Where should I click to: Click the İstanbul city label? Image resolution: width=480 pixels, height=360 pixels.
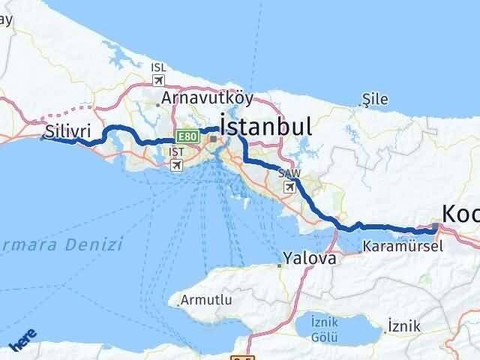click(265, 125)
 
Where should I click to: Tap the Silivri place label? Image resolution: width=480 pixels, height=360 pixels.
click(61, 130)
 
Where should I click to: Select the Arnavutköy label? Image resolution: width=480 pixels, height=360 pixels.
click(208, 97)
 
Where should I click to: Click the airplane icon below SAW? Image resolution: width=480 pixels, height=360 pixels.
click(289, 187)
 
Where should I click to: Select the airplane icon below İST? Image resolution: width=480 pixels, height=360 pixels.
click(176, 164)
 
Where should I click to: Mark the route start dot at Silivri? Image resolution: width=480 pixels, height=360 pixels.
click(42, 138)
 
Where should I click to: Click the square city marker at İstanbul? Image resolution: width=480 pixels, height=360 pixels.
click(213, 139)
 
